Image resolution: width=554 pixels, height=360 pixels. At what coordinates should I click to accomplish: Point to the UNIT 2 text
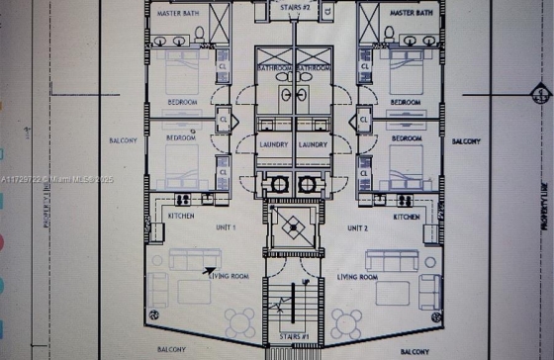click(x=357, y=228)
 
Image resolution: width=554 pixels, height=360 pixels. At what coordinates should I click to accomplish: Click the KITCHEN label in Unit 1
click(x=180, y=216)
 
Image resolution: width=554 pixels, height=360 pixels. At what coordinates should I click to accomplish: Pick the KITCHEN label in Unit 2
click(x=408, y=217)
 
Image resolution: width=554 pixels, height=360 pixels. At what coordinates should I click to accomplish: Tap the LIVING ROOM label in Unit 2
click(x=357, y=277)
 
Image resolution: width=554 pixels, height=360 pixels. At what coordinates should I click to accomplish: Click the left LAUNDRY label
click(x=273, y=144)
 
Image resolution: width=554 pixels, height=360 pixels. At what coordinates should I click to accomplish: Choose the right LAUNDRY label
click(x=313, y=144)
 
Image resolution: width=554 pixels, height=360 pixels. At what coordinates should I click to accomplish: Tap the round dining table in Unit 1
click(x=239, y=321)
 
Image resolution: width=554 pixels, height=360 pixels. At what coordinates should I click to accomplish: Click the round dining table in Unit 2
click(x=345, y=321)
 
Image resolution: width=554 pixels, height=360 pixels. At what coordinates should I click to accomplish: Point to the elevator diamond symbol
click(x=294, y=226)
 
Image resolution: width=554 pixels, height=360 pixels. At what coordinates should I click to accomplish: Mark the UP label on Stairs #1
click(x=285, y=308)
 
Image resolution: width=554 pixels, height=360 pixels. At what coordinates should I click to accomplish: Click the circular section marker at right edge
click(x=539, y=96)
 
